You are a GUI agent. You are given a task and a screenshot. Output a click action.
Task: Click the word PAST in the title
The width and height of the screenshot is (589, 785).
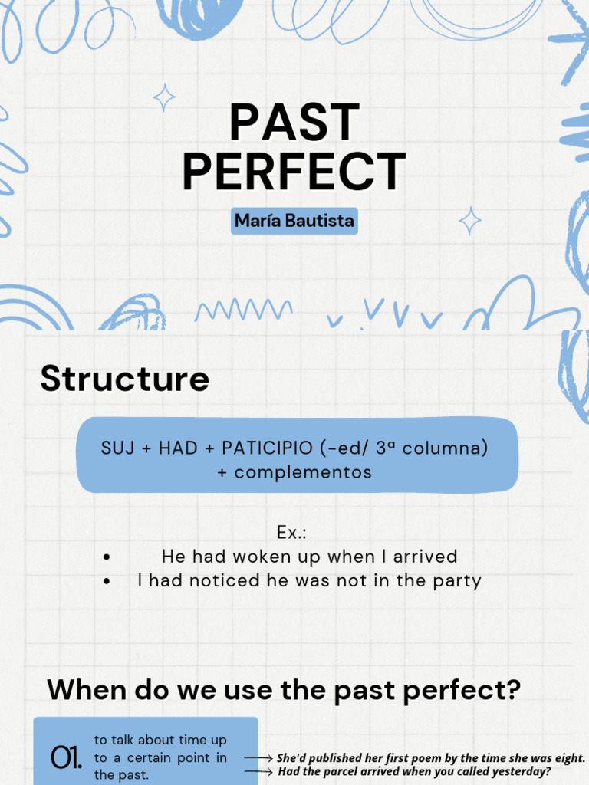click(294, 123)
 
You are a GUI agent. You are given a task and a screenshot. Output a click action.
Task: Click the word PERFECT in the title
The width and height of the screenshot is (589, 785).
click(294, 172)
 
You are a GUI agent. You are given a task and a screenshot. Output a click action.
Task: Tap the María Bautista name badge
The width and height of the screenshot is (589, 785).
click(294, 222)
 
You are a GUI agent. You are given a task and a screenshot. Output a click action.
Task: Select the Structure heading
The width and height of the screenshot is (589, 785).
click(124, 379)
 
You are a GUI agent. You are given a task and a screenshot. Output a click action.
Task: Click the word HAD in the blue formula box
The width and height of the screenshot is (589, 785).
click(178, 448)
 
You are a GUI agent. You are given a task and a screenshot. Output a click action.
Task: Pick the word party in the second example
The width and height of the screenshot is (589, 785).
click(458, 581)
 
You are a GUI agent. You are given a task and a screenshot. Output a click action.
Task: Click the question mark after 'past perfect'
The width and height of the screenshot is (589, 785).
click(512, 690)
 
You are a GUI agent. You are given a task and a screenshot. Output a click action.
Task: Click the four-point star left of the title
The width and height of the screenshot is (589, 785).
click(163, 97)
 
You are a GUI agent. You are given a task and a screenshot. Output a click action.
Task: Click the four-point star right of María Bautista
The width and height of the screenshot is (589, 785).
click(470, 221)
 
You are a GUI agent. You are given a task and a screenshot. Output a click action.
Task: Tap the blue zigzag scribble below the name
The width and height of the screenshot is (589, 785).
click(244, 310)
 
